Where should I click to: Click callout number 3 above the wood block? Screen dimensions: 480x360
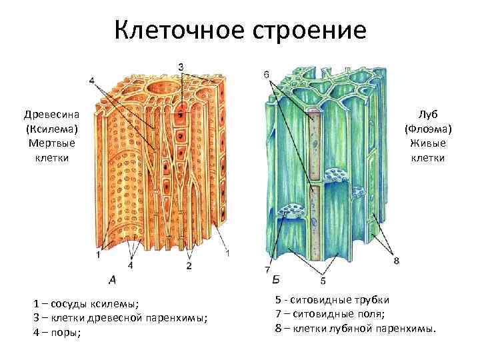click(x=181, y=66)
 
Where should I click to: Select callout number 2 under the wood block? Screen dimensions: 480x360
click(x=189, y=265)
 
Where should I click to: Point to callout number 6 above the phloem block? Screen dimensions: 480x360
click(x=267, y=75)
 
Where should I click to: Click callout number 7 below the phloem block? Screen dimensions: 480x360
click(x=267, y=271)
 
